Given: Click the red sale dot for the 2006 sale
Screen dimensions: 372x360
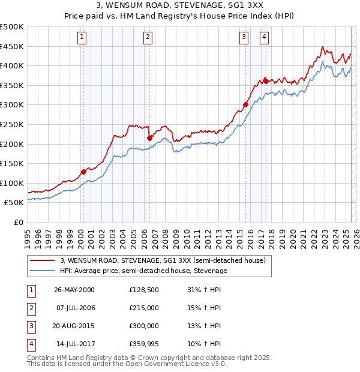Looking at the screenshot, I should [149, 138].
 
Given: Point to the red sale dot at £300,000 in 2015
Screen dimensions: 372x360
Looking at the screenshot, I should [245, 104].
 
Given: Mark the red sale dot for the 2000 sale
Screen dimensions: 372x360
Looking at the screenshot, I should [84, 172].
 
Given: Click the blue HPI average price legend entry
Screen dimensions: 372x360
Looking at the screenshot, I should [143, 271].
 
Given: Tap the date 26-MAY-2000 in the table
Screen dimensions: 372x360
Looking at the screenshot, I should [74, 289].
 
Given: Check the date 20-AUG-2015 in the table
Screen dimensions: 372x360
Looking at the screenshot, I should [74, 326].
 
